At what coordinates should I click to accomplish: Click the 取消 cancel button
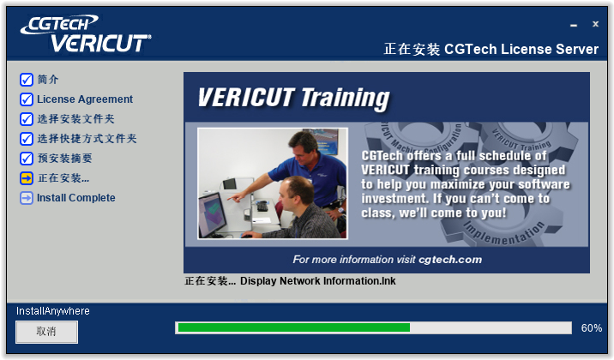(x=46, y=332)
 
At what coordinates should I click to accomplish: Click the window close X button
(x=596, y=24)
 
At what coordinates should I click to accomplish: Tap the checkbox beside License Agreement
(x=27, y=99)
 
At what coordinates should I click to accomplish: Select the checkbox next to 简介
(x=27, y=80)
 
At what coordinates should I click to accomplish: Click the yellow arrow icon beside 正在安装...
(x=27, y=178)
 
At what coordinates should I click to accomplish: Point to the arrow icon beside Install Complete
(x=27, y=198)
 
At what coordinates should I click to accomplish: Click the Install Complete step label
(x=76, y=198)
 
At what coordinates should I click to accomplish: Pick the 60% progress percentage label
(x=592, y=328)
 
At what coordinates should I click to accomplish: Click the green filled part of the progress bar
(x=294, y=327)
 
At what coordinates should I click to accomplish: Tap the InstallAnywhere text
(x=53, y=311)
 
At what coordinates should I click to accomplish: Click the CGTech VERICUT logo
(x=86, y=33)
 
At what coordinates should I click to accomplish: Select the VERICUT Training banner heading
(x=293, y=98)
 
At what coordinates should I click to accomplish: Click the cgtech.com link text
(x=450, y=260)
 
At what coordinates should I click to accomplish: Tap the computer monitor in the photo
(x=212, y=214)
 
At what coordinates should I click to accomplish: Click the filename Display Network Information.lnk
(x=318, y=281)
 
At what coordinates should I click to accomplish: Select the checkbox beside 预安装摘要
(x=27, y=159)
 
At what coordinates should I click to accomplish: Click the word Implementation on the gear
(x=504, y=234)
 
